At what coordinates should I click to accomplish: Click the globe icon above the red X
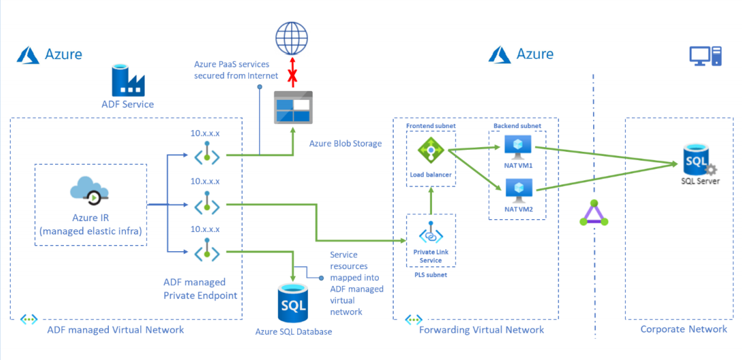[292, 37]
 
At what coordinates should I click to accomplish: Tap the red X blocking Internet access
[293, 75]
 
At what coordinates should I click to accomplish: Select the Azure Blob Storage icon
[293, 108]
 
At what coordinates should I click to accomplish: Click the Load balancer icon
[431, 150]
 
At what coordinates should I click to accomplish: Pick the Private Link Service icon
[431, 233]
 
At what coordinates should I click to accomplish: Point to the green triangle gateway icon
[594, 213]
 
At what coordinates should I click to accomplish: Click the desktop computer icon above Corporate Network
[705, 56]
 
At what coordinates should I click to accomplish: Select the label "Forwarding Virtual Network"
[482, 330]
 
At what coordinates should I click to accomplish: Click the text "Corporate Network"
[684, 329]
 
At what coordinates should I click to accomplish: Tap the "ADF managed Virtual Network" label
[115, 330]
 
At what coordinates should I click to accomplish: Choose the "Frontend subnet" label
[430, 127]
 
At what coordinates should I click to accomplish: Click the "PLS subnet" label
[431, 276]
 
